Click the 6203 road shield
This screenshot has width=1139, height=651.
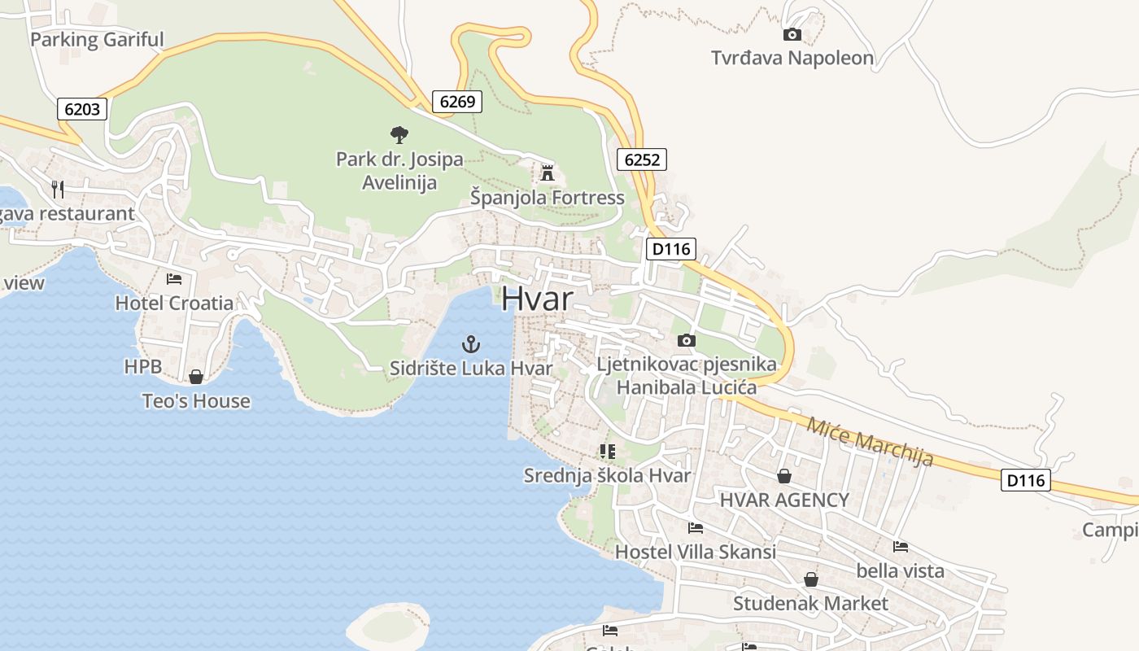coord(82,109)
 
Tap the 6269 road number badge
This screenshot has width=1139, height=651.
coord(456,102)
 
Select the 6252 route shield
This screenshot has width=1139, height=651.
coord(641,159)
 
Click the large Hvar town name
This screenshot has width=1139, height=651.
coord(537,299)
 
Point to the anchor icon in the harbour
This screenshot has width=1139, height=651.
coord(470,344)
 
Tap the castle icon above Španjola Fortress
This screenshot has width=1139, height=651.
coord(547,173)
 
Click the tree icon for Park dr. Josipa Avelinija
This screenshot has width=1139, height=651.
coord(399,134)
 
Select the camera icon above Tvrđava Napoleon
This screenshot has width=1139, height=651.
coord(792,34)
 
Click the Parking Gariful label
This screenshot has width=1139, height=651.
coord(97,39)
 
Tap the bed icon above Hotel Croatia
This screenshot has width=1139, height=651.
coord(174,279)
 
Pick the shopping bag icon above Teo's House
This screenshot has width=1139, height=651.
coord(195,377)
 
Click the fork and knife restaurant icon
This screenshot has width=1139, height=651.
coord(57,190)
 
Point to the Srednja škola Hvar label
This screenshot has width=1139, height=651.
coord(607,475)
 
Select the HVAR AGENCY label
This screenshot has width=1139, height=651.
coord(784,500)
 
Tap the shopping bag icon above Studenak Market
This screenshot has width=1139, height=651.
coord(810,579)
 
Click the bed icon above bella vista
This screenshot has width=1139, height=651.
coord(900,547)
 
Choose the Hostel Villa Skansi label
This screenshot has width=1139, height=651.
coord(695,552)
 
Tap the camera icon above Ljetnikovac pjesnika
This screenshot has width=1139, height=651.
coord(687,340)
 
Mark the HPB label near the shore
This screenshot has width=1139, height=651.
coord(137,367)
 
